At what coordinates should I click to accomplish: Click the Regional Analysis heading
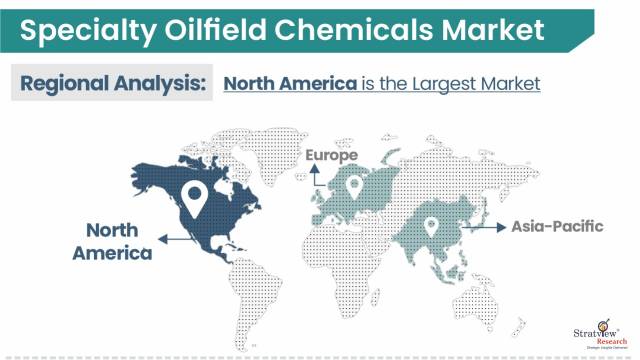pos(111,84)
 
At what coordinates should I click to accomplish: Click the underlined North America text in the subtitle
pos(290,84)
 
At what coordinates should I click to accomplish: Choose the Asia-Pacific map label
pos(557,227)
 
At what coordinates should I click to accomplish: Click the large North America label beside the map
pos(112,241)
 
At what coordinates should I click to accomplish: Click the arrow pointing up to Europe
pos(312,178)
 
